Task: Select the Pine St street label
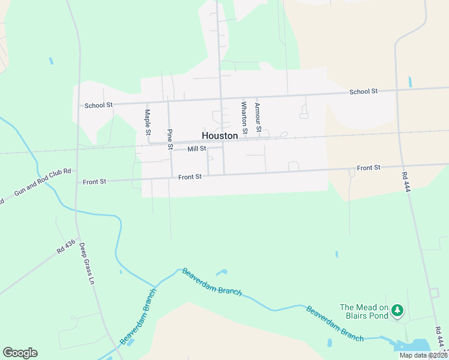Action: [170, 139]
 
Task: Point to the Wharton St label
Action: [244, 117]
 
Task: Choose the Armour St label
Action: [258, 117]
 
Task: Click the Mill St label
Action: [196, 148]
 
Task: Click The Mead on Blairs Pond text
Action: [364, 311]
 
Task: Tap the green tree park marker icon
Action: [397, 310]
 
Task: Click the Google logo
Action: [20, 353]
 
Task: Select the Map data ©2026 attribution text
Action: [423, 355]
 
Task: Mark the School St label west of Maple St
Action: [98, 105]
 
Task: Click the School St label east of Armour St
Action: [364, 91]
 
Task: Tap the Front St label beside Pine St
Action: [190, 177]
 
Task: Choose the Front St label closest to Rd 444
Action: [369, 168]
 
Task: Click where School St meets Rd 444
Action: [397, 90]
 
